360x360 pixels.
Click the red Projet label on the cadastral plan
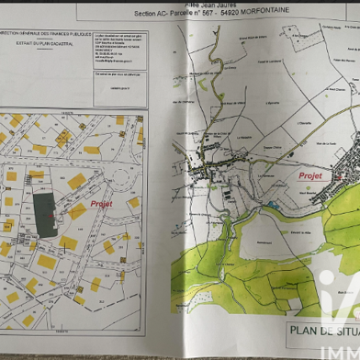pyautogui.click(x=101, y=204)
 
